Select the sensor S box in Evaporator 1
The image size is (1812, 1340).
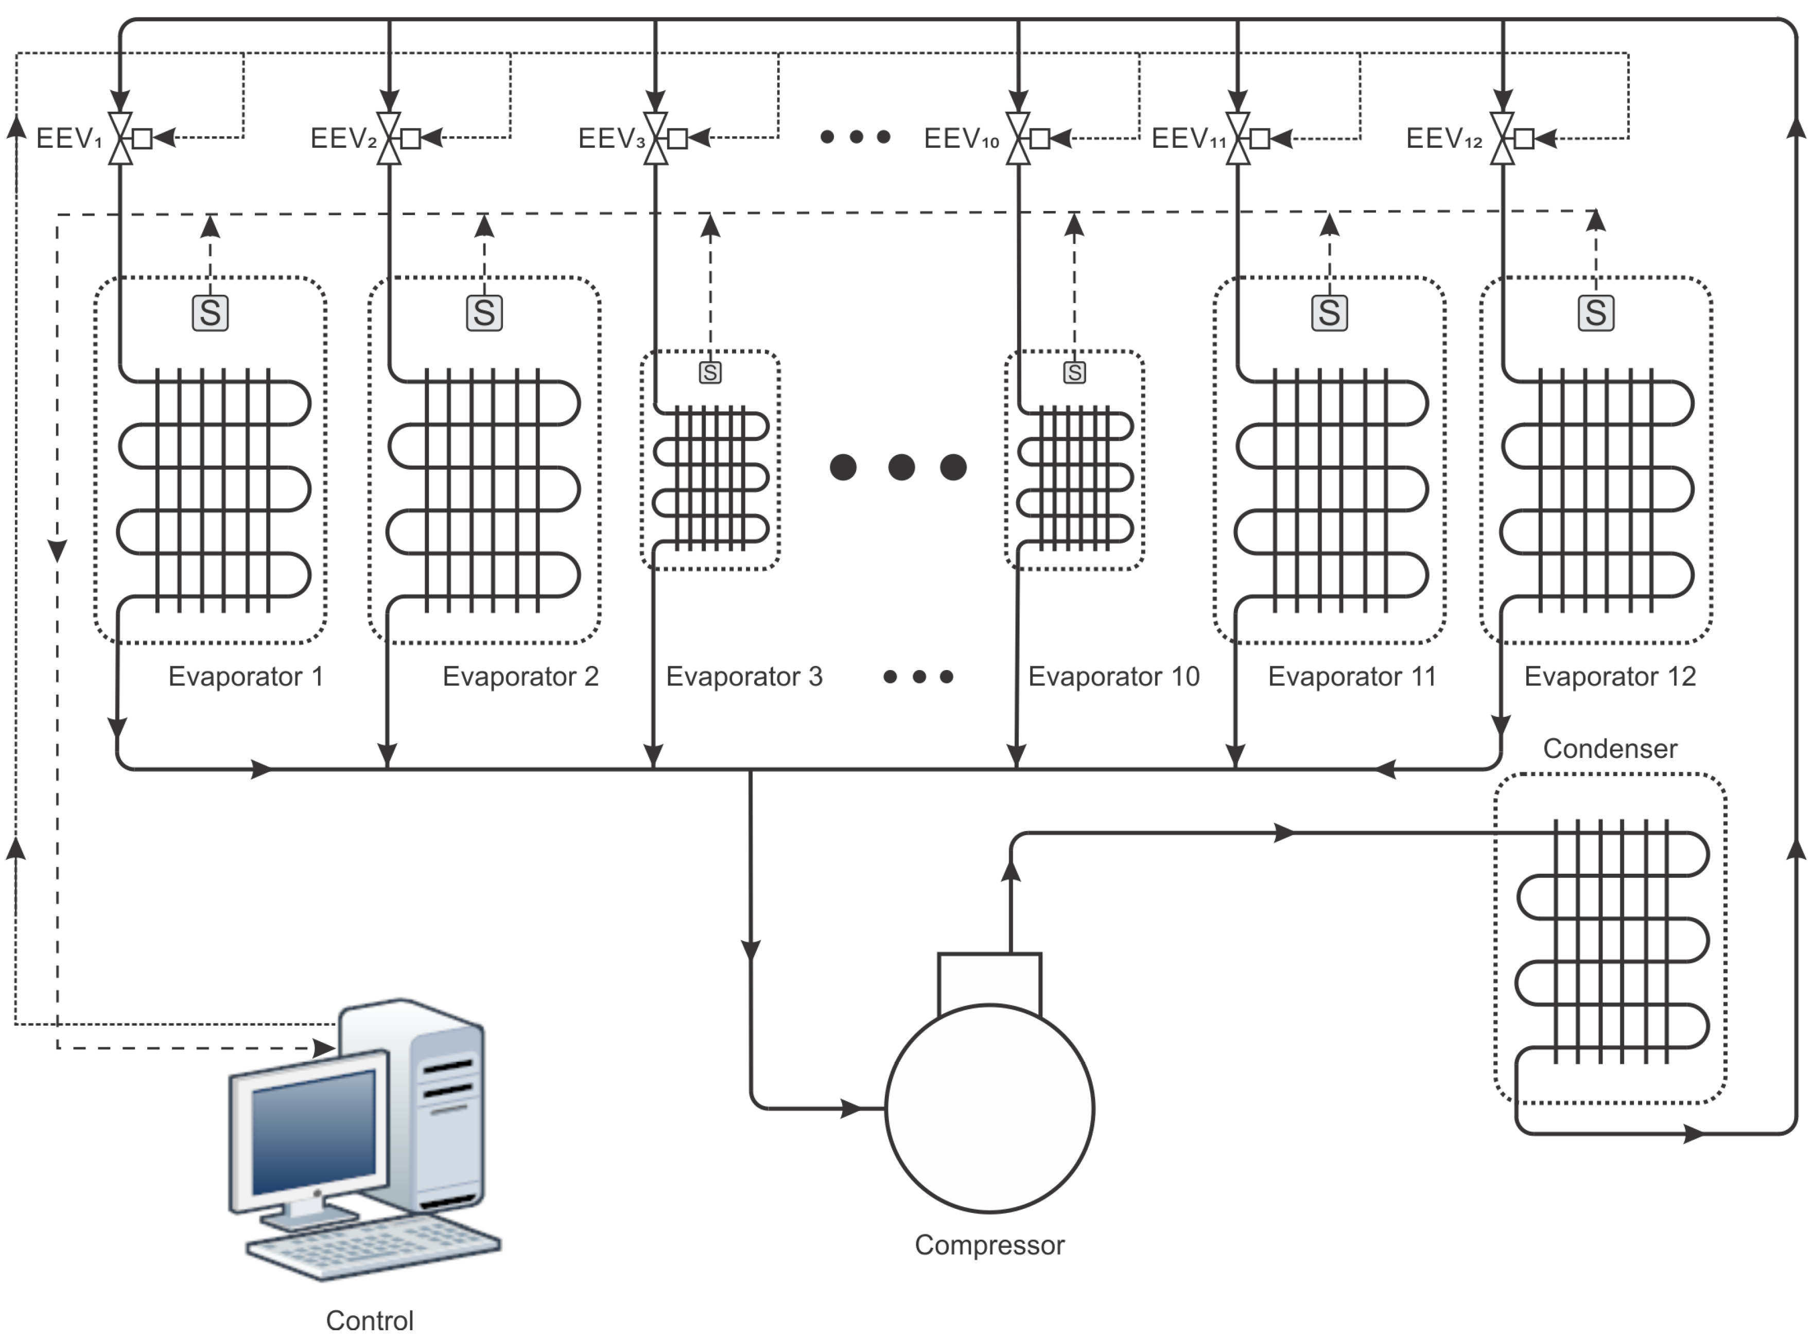coord(210,313)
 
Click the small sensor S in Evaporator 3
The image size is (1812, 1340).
coord(710,373)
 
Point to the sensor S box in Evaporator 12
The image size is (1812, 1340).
coord(1595,313)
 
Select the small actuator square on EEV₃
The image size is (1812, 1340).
coord(677,139)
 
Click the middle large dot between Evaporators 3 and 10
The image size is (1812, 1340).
coord(901,467)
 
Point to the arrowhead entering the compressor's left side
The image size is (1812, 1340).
coord(851,1108)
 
